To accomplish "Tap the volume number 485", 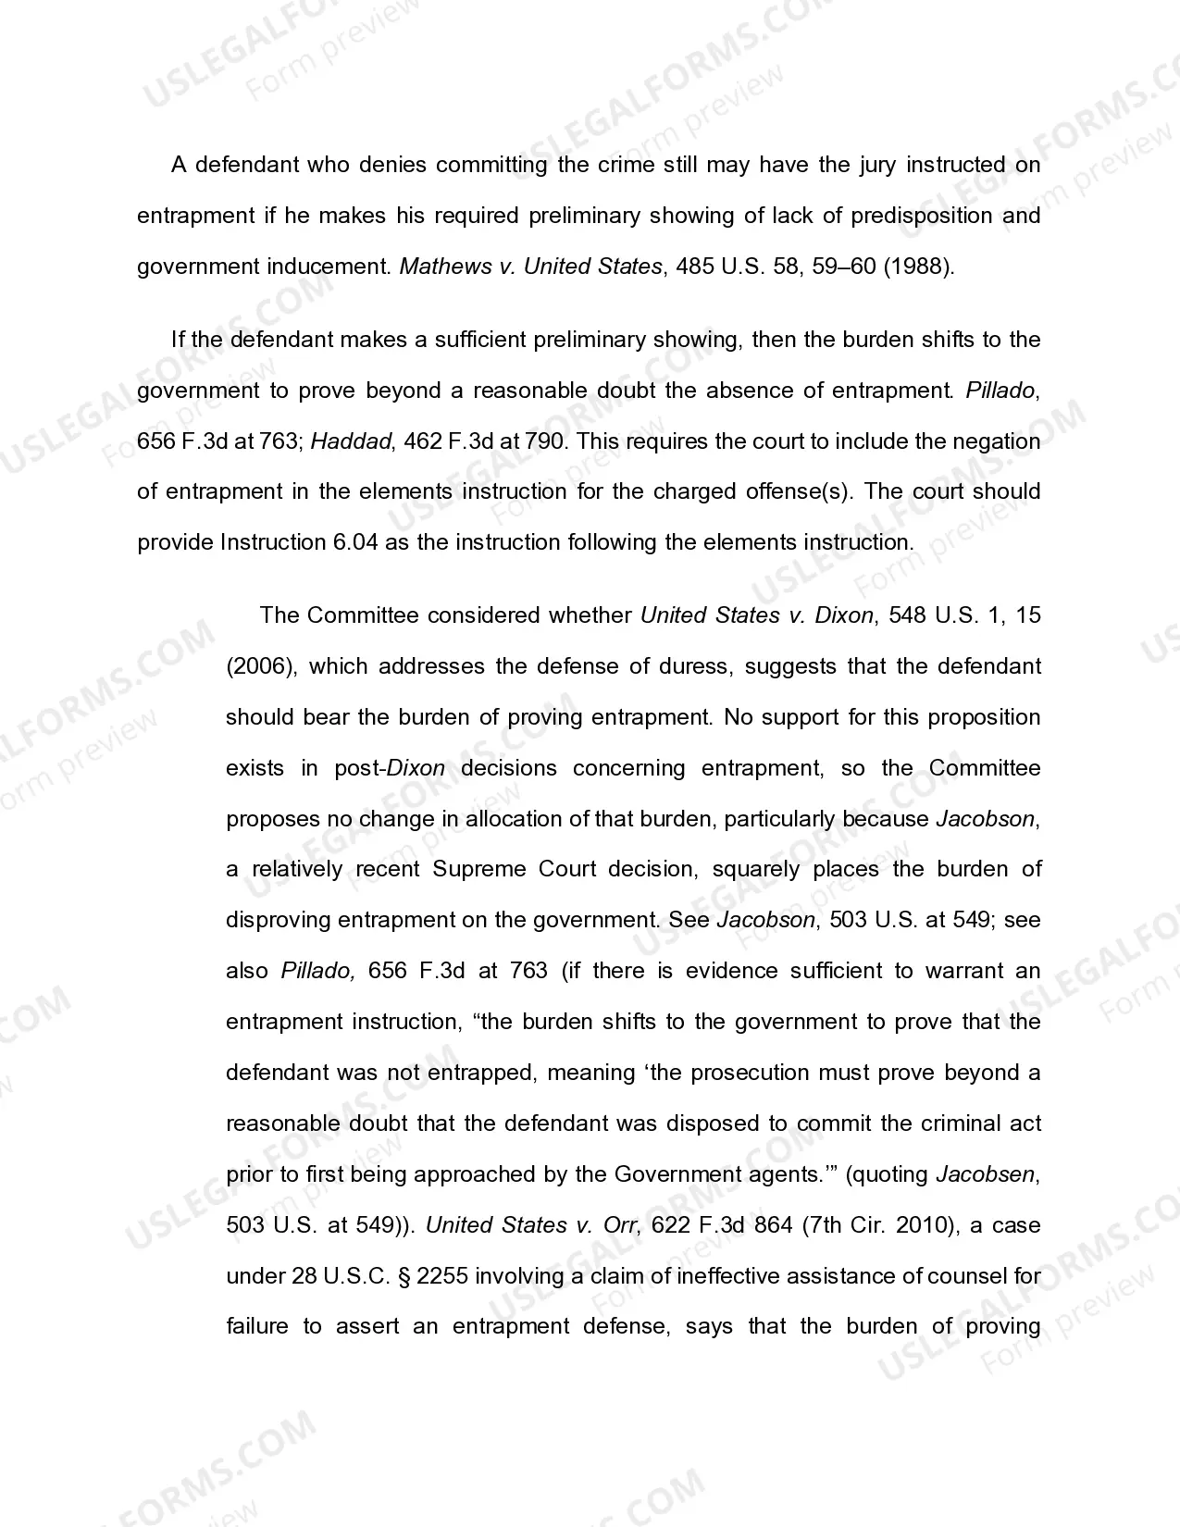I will click(695, 267).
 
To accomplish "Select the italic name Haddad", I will click(351, 441).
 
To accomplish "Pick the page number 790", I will click(544, 441).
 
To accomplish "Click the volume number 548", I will click(907, 615).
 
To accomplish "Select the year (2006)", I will click(260, 666).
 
